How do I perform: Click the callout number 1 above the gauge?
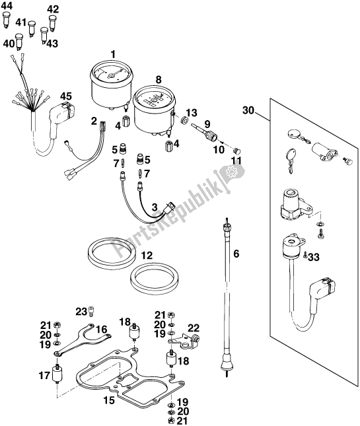click(114, 53)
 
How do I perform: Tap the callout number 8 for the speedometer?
click(158, 80)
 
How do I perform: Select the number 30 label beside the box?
click(248, 110)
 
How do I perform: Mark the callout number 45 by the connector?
click(66, 96)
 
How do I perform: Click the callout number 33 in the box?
click(313, 257)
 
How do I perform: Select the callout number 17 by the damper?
click(44, 377)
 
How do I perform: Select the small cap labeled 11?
click(240, 151)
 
